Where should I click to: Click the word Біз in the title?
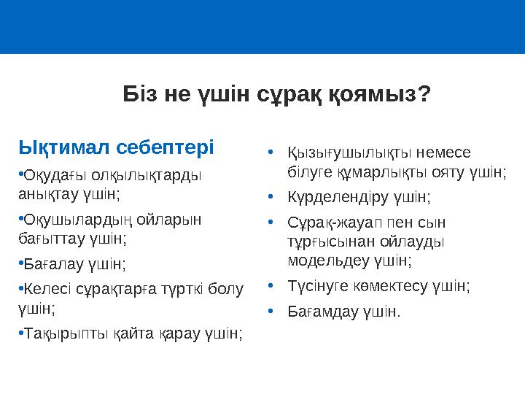[137, 94]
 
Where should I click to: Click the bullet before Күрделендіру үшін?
[271, 196]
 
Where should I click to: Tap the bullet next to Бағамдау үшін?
[271, 312]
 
